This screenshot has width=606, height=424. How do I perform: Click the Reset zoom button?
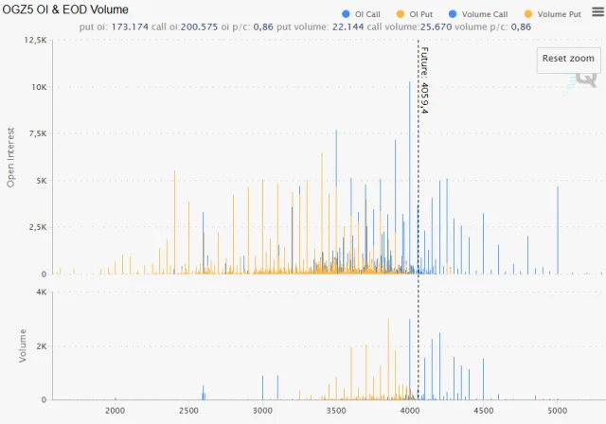pos(568,59)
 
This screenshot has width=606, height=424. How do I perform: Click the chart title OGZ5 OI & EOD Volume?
pos(66,9)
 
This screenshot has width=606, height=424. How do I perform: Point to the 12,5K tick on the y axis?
pos(34,41)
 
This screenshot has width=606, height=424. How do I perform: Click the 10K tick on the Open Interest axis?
pos(38,87)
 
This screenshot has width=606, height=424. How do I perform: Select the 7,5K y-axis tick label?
pos(35,133)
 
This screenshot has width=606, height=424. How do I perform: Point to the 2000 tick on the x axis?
pos(116,411)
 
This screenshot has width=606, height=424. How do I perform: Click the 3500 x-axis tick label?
pos(336,411)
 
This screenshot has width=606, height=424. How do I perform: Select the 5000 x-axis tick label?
pos(557,411)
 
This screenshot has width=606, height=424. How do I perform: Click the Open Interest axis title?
pos(12,157)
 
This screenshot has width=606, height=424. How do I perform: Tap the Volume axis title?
pos(23,345)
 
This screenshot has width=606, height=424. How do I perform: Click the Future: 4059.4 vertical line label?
pos(424,81)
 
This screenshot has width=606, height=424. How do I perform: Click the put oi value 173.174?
pos(130,26)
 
